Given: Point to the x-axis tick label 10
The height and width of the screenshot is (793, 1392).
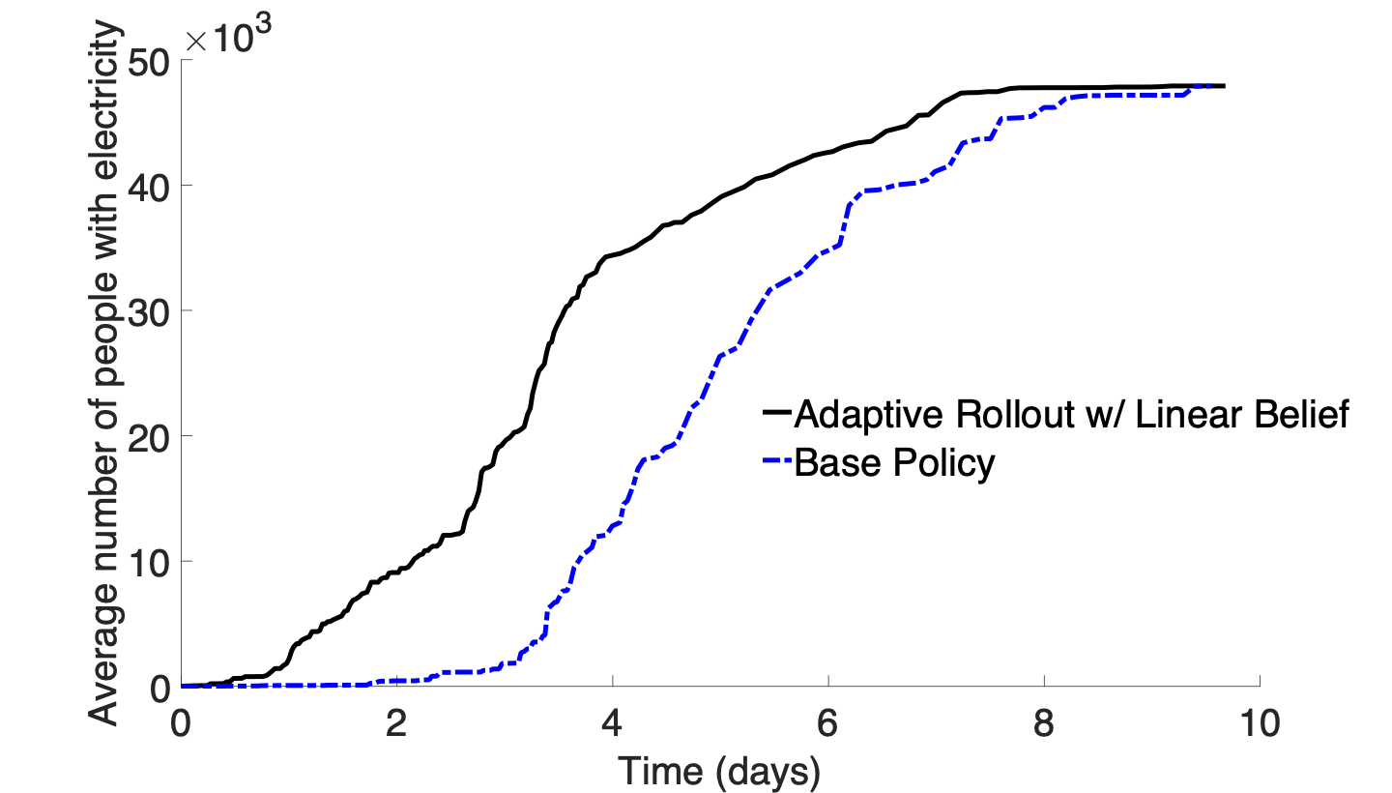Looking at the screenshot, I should (x=1260, y=722).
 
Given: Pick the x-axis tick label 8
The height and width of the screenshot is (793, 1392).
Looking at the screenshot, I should (x=1044, y=722).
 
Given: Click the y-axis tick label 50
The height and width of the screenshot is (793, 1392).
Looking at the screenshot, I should (x=147, y=61).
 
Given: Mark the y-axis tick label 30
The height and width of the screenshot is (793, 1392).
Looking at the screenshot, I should (x=147, y=310).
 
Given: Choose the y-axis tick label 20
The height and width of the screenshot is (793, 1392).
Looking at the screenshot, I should (x=147, y=436).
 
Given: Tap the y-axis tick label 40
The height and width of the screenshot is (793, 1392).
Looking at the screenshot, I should (x=147, y=186).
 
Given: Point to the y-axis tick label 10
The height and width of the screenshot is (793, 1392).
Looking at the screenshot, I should (x=147, y=561).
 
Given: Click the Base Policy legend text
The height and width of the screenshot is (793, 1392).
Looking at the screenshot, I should (x=894, y=464).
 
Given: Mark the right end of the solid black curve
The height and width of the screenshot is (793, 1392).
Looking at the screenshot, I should (x=1225, y=86).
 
